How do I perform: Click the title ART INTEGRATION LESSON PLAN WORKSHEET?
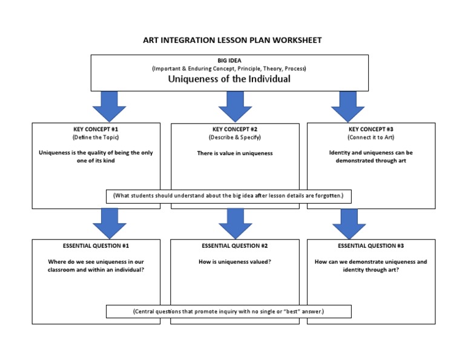(x=232, y=41)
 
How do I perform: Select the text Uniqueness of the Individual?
(x=229, y=79)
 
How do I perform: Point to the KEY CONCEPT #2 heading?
(x=235, y=129)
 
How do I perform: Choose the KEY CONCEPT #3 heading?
(x=371, y=129)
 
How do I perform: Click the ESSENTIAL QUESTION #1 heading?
(x=96, y=246)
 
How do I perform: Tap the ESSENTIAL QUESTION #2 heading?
(x=235, y=246)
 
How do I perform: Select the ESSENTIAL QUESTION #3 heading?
(x=371, y=246)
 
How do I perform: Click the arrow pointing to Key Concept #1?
(x=109, y=106)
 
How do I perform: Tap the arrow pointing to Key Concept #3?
(x=348, y=106)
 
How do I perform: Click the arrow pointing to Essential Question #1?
(x=109, y=223)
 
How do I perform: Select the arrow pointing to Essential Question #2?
(x=235, y=223)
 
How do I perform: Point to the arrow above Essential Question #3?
(x=349, y=223)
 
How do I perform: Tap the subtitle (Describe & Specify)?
(x=235, y=138)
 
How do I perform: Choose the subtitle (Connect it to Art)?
(x=371, y=138)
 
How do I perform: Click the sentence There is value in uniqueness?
(x=235, y=153)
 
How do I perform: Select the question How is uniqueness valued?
(x=235, y=262)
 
